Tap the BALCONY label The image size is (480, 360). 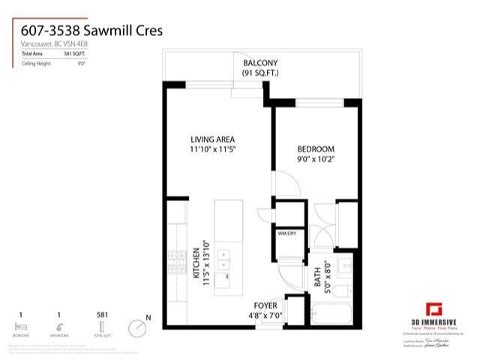260,63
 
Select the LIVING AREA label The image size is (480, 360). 213,139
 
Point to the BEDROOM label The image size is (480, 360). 315,149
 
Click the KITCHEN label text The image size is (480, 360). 194,264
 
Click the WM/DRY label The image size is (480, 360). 288,233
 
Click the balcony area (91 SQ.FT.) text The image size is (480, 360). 260,73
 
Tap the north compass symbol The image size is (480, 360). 138,328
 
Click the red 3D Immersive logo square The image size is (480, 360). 433,309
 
